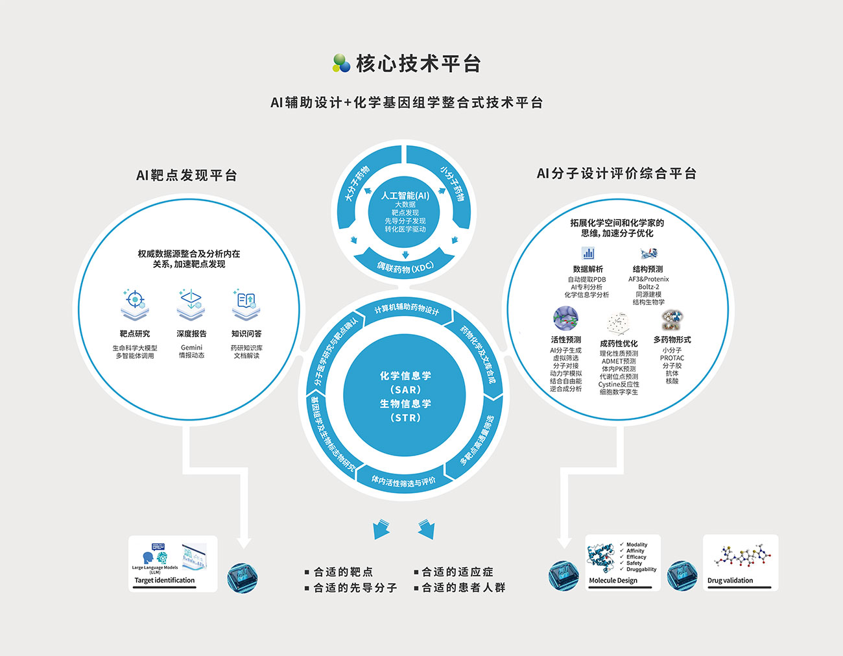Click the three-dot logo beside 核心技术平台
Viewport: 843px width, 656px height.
click(341, 63)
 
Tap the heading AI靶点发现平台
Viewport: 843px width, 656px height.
click(187, 175)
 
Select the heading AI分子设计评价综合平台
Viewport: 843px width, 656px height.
click(616, 173)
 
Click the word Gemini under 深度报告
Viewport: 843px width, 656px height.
click(191, 348)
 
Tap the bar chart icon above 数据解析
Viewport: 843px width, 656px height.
click(588, 253)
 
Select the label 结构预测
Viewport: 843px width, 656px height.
click(648, 269)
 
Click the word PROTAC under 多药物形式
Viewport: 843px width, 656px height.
click(672, 358)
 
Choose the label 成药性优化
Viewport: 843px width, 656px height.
click(619, 343)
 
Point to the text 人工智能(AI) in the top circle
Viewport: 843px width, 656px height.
click(405, 195)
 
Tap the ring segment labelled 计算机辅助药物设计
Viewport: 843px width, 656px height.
click(407, 310)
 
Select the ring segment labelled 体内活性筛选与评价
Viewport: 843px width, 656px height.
click(403, 481)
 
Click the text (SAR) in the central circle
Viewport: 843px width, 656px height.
click(405, 389)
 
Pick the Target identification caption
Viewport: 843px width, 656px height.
click(165, 580)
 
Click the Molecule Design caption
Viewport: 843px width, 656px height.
click(613, 580)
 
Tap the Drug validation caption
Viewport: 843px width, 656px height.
click(730, 580)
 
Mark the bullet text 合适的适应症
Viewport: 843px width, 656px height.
click(457, 572)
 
